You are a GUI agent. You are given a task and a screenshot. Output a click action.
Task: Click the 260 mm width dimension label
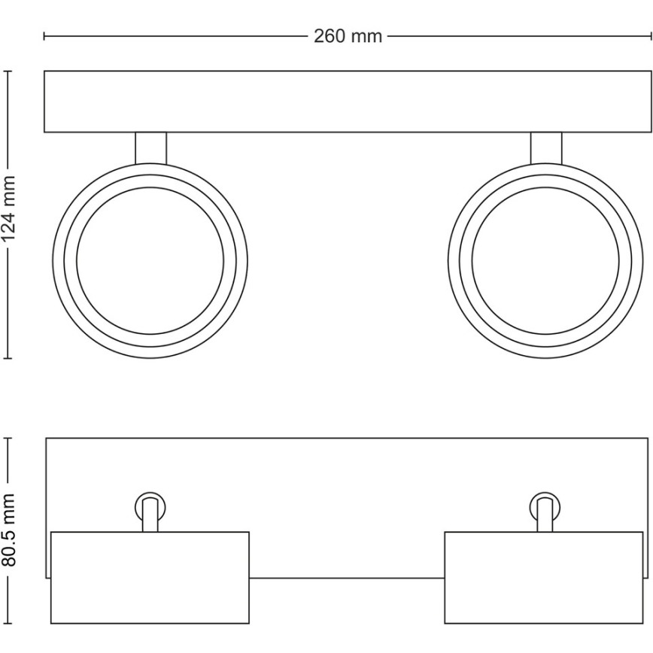(x=348, y=36)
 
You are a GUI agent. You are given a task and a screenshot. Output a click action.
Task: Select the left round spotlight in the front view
(x=150, y=260)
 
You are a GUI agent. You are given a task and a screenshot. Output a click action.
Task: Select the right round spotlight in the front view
(x=545, y=260)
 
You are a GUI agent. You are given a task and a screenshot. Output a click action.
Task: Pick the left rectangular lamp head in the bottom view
(x=150, y=577)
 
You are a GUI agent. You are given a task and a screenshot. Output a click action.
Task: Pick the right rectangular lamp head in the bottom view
(x=545, y=577)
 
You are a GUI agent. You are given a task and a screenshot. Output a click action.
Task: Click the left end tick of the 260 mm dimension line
(x=44, y=36)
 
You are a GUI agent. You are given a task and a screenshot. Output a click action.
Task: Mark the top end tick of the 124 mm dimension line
(x=8, y=71)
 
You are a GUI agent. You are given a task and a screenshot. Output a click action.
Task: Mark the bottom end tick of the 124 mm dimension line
(x=8, y=359)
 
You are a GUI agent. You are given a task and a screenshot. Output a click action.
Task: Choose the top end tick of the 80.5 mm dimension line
(x=8, y=437)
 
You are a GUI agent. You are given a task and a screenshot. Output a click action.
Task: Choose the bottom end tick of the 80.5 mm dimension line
(x=8, y=624)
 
